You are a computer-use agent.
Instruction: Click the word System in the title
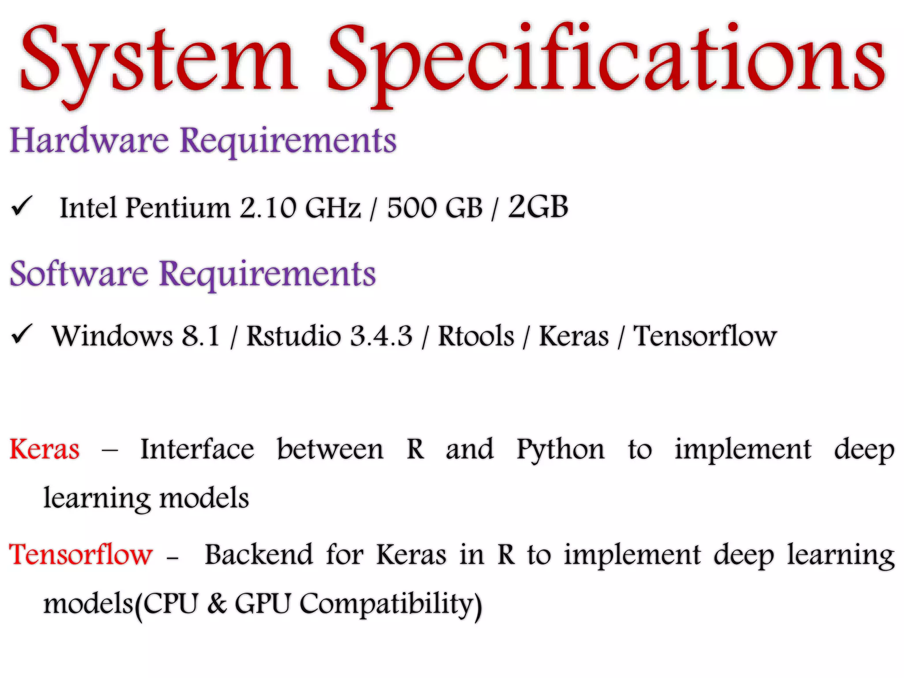[159, 60]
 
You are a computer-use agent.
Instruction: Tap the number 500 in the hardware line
[412, 207]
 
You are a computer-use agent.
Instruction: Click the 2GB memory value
[538, 207]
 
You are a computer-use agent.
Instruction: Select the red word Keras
[45, 449]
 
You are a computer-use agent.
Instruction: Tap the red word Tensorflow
[81, 554]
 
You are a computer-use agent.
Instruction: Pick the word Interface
[197, 449]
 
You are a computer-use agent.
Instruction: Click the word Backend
[259, 554]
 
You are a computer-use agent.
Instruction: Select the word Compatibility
[391, 604]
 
